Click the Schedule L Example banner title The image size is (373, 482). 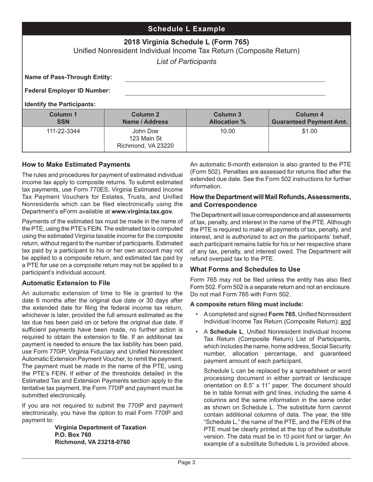[186, 29]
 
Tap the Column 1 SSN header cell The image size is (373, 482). [63, 118]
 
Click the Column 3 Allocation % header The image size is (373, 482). [227, 118]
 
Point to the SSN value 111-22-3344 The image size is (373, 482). [63, 131]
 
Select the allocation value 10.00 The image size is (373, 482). [227, 131]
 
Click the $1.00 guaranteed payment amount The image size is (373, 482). [309, 131]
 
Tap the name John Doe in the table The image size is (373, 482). [145, 131]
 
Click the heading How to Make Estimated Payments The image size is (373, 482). [76, 165]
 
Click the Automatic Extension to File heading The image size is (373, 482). [66, 283]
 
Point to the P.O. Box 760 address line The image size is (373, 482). [73, 435]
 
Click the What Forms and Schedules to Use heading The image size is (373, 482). [245, 270]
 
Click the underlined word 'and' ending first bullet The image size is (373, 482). [346, 322]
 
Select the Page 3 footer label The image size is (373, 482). [186, 462]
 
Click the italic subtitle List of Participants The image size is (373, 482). [186, 62]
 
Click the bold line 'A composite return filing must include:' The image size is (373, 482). [247, 304]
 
